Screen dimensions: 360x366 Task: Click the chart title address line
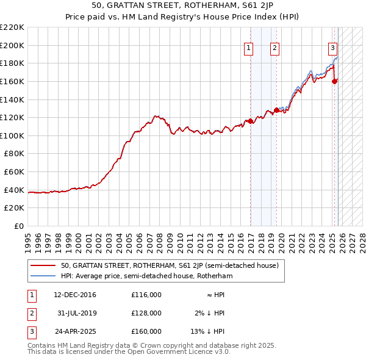tap(183, 5)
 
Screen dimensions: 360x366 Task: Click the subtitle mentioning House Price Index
tap(183, 16)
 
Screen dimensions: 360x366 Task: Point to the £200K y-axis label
tap(12, 45)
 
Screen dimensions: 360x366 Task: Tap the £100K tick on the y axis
tap(12, 135)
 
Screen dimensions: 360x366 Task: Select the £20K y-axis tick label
tap(14, 208)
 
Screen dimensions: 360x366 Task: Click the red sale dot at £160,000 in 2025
tap(334, 81)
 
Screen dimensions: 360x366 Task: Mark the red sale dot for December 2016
tap(251, 121)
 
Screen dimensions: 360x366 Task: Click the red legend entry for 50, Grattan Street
tap(170, 265)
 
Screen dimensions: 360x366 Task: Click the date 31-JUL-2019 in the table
tap(76, 313)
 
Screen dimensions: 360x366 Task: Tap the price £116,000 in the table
tap(146, 295)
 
